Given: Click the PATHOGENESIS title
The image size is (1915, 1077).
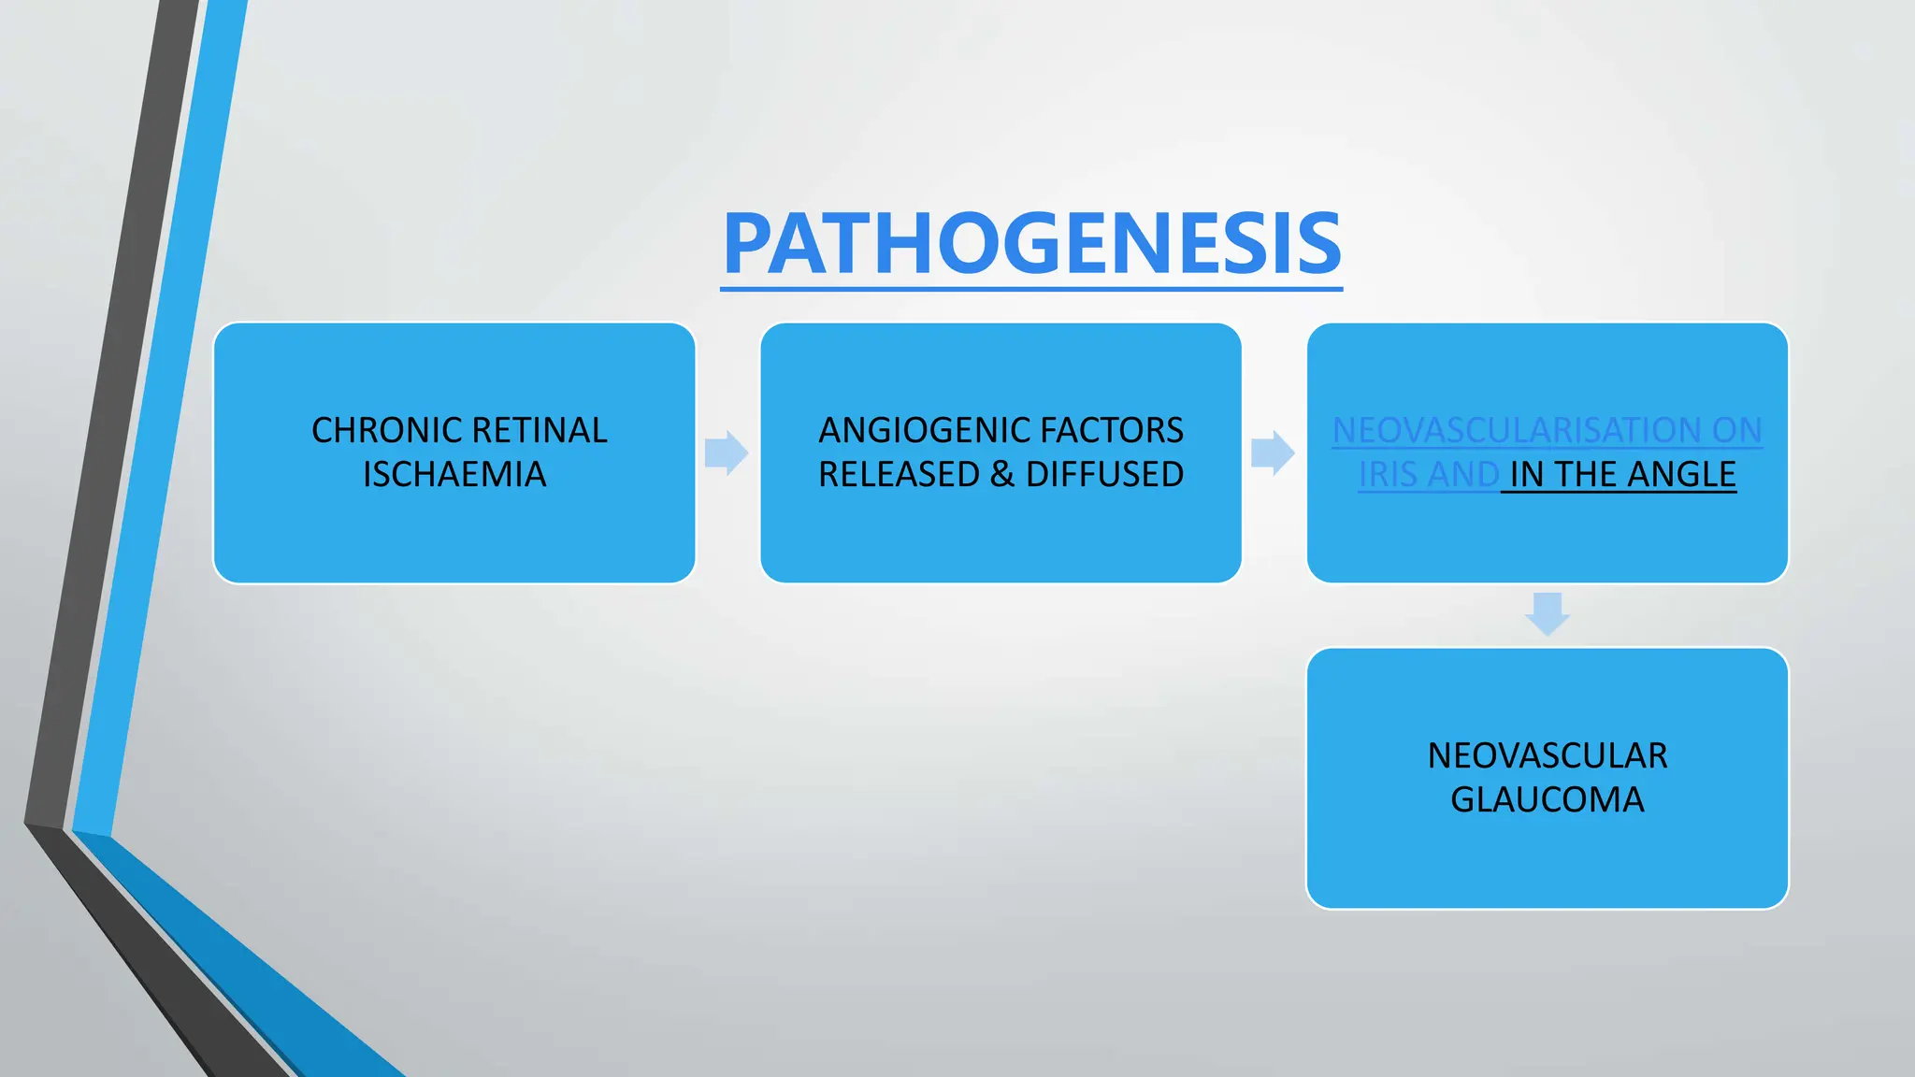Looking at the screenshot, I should point(1031,244).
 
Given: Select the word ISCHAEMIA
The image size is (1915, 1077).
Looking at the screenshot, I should point(454,475).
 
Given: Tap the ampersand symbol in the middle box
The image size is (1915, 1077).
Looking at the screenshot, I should point(1001,475).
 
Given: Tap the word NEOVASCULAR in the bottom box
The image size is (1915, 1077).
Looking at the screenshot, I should point(1548,755).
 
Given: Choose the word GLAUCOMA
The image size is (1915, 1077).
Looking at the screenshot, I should point(1548,800).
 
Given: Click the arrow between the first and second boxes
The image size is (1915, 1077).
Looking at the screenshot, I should point(727,453).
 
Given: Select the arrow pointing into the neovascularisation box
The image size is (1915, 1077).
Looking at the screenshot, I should point(1273,453).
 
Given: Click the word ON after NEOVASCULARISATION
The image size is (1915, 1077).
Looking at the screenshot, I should point(1736,431).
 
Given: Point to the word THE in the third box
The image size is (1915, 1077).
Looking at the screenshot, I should point(1584,475).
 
